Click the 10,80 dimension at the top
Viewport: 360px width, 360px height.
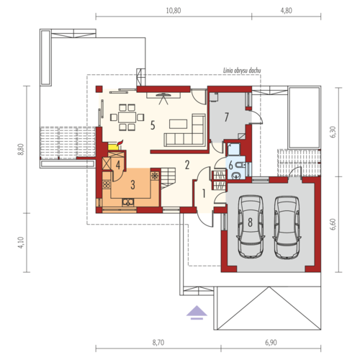coord(174,11)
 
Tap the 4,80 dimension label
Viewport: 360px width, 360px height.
coord(286,11)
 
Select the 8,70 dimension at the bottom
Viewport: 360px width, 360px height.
coord(158,343)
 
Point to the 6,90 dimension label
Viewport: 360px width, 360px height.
coord(271,343)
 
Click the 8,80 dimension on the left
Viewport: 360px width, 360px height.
coord(22,149)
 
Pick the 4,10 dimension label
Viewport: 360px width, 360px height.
coord(22,243)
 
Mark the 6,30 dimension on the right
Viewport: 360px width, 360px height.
coord(333,132)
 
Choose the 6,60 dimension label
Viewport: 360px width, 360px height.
coord(333,225)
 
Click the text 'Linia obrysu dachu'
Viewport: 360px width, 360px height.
coord(242,71)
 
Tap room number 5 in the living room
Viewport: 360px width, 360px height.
coord(153,125)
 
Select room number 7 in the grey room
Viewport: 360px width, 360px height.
coord(226,117)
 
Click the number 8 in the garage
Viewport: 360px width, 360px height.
coord(250,222)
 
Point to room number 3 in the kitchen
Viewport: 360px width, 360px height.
coord(132,185)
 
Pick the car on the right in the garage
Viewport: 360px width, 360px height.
coord(287,228)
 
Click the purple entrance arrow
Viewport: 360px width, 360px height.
coord(197,312)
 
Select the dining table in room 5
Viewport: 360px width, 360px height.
coord(127,117)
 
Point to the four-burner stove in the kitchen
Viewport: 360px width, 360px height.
coord(106,184)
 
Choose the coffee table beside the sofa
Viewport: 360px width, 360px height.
coord(178,124)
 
